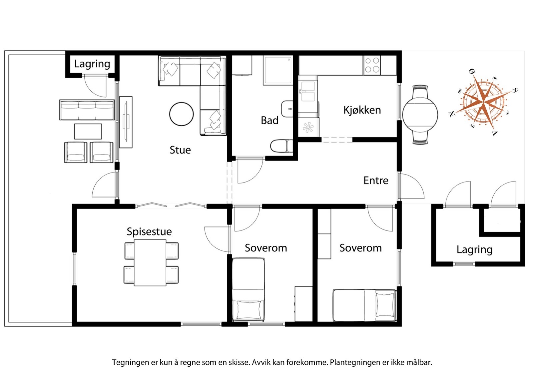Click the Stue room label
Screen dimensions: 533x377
coord(180,150)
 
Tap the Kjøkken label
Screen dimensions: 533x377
coord(362,110)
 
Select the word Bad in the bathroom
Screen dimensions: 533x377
coord(269,120)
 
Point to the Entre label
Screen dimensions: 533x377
coord(376,181)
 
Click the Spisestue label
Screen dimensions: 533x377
coord(149,232)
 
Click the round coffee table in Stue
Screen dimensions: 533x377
coord(181,114)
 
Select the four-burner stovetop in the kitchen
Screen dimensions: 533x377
coord(372,65)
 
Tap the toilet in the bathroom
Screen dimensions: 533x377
coord(281,146)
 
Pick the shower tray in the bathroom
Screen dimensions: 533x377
coord(278,70)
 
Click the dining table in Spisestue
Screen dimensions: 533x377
coord(150,262)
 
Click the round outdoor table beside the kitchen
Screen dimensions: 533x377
coord(420,115)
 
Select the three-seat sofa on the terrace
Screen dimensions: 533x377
coord(87,110)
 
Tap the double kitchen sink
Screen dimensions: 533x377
coord(308,91)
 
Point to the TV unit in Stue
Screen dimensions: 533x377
coord(126,122)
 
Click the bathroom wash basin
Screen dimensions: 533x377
coord(287,109)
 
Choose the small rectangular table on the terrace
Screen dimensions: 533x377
coord(88,131)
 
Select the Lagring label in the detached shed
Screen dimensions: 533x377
coord(474,250)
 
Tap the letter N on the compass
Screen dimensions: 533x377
coord(451,114)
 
